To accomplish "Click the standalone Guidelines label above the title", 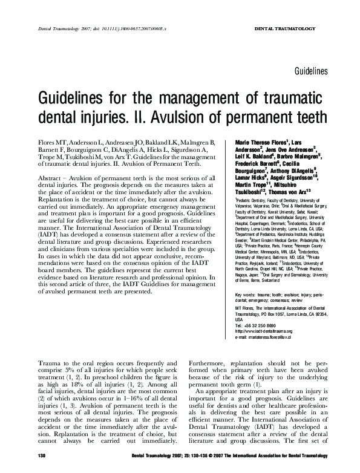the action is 311,71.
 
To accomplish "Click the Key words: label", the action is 244,295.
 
